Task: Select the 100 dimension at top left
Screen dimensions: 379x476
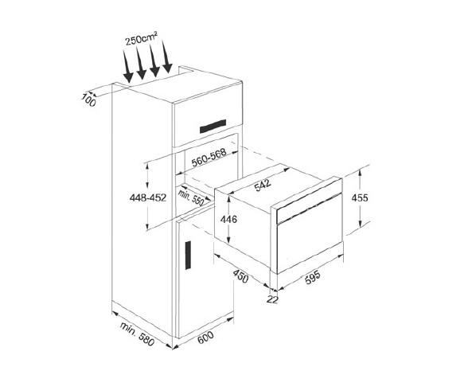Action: pyautogui.click(x=88, y=100)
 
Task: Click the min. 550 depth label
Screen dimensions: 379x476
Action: pyautogui.click(x=191, y=196)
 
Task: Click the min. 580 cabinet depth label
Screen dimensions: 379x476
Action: pyautogui.click(x=136, y=335)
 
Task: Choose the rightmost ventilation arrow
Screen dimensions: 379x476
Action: pyautogui.click(x=168, y=60)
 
